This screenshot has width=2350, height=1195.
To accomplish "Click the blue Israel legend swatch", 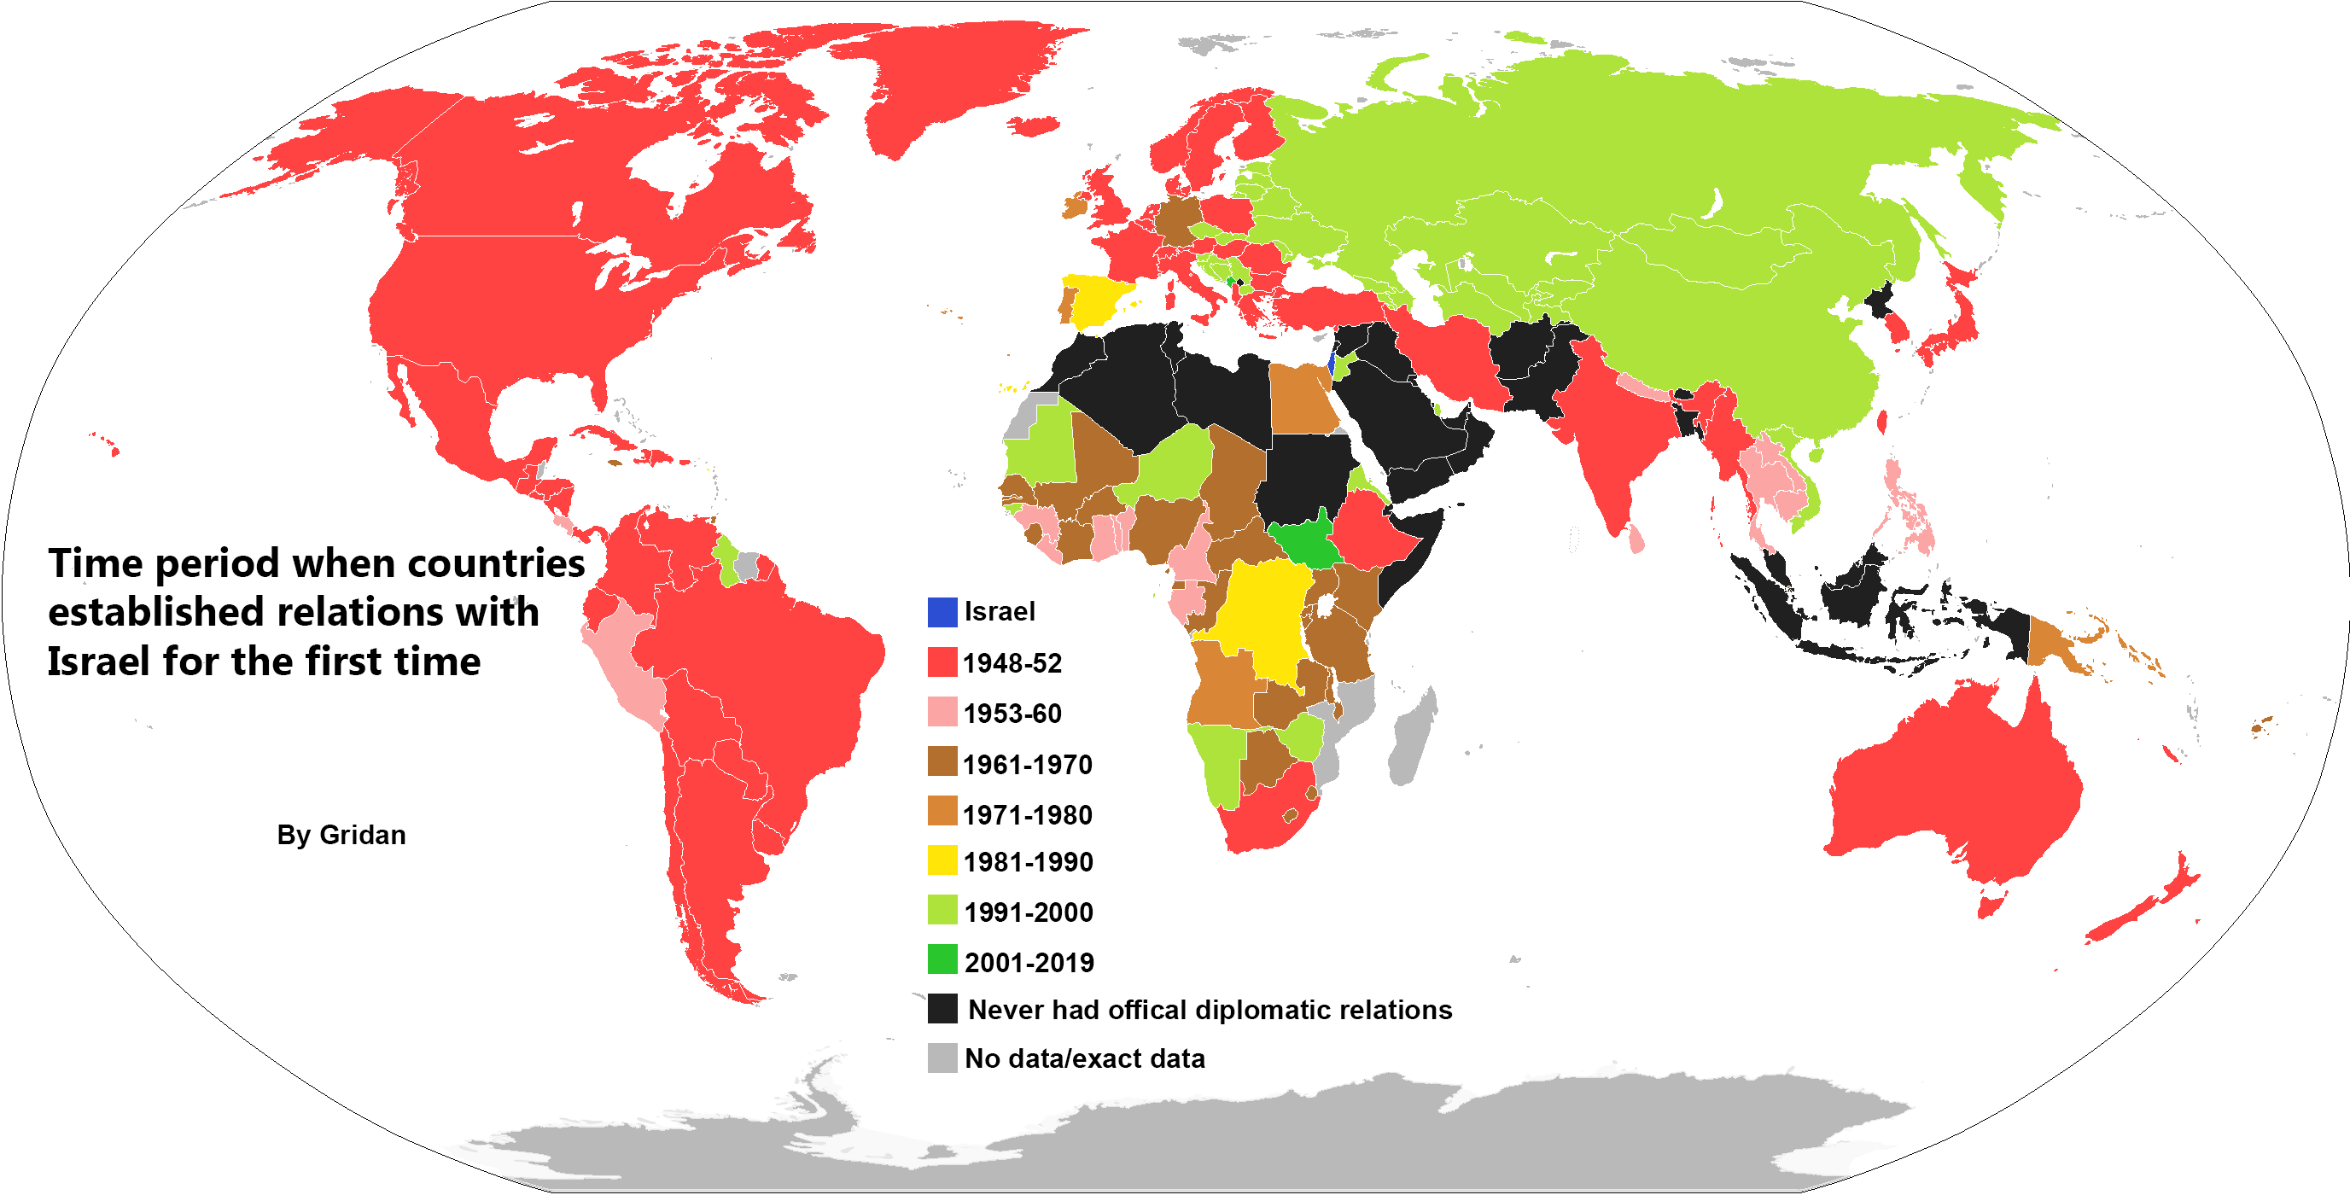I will (942, 612).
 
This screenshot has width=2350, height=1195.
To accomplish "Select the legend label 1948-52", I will (1012, 663).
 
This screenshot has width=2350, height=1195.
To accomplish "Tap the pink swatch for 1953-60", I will (942, 712).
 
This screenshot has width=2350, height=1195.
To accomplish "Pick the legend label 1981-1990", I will (1027, 862).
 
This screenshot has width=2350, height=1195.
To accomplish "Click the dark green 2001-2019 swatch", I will (942, 959).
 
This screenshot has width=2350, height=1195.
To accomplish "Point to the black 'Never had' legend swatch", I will (942, 1009).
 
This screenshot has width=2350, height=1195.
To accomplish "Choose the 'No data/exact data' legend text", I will (1084, 1058).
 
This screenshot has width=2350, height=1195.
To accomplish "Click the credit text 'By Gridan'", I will (341, 835).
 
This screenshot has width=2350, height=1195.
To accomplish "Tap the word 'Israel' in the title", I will (98, 662).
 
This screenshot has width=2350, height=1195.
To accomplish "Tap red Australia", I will (1952, 784).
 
